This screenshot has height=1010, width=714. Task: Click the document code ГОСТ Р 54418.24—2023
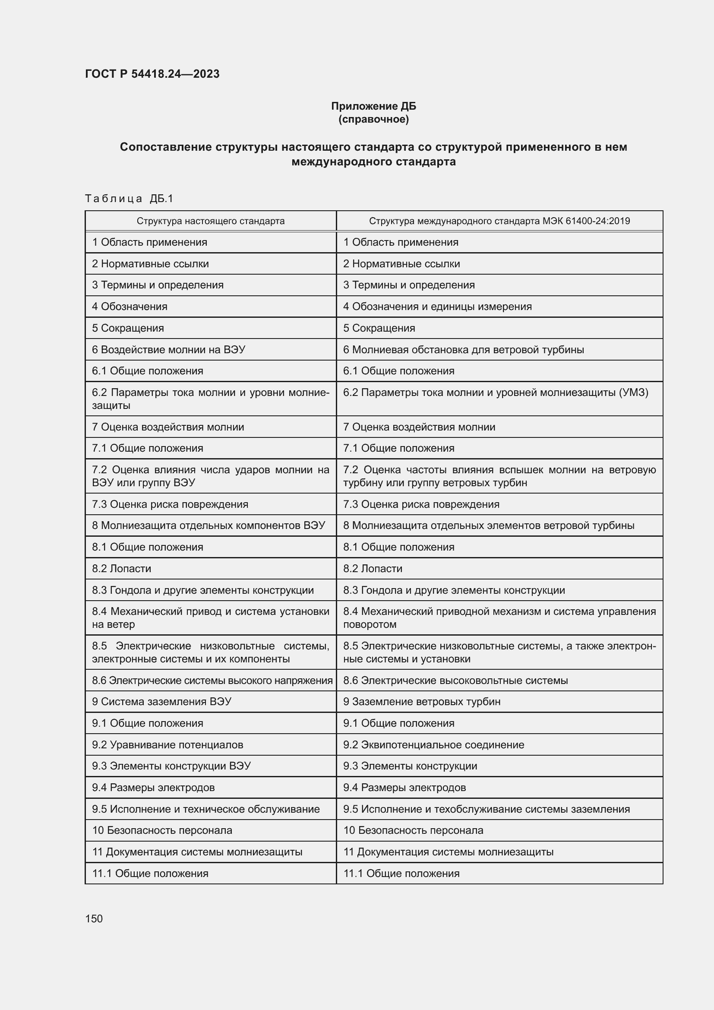[152, 74]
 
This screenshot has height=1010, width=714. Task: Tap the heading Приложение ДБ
[373, 106]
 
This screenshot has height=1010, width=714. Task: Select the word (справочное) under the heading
[373, 119]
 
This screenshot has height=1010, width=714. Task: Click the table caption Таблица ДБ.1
[129, 199]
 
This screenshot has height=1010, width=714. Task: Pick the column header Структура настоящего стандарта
[210, 221]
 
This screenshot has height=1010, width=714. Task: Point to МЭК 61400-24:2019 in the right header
[586, 221]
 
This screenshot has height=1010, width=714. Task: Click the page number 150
[94, 918]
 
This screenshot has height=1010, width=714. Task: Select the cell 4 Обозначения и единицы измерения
[437, 307]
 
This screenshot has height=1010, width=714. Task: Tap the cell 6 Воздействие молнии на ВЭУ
[168, 350]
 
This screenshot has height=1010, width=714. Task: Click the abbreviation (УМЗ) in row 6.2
[633, 393]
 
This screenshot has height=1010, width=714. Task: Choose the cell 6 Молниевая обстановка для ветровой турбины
[463, 350]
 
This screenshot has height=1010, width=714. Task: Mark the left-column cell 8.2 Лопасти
[121, 569]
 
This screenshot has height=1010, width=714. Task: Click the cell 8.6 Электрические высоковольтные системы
[455, 681]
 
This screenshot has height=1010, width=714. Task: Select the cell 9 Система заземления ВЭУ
[161, 702]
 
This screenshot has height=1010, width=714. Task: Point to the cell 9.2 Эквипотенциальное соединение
[433, 745]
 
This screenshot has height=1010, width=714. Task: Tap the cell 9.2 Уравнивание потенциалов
[167, 745]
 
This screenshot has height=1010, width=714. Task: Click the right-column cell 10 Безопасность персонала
[413, 830]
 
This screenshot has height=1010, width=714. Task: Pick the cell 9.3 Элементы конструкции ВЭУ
[171, 766]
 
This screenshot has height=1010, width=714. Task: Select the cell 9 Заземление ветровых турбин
[421, 702]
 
